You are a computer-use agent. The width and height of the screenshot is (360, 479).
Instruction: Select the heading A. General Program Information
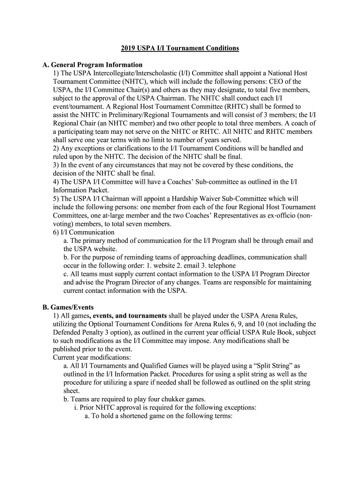tap(93, 65)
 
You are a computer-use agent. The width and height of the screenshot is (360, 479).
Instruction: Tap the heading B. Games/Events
tap(68, 307)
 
